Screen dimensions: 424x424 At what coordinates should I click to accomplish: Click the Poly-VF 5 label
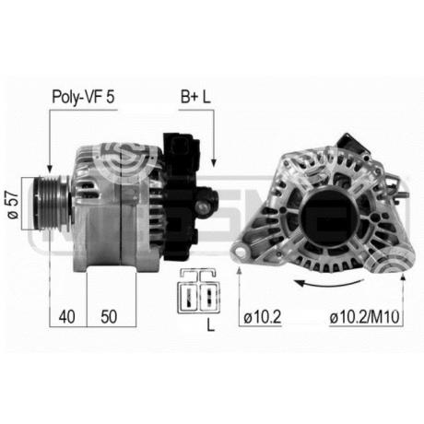83,97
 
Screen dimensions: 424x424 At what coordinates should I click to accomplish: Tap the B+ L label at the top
195,97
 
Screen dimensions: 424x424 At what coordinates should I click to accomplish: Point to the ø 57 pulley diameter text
13,205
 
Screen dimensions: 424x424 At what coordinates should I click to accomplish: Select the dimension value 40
67,316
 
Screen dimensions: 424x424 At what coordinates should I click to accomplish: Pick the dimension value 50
109,316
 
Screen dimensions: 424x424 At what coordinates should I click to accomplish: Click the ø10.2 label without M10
263,317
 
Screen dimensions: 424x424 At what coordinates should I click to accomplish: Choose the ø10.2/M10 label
365,317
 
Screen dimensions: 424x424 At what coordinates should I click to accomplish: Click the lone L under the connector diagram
210,324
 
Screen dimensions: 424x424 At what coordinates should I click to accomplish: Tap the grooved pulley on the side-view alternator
52,203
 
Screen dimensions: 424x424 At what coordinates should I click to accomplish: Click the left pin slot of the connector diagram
189,297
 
